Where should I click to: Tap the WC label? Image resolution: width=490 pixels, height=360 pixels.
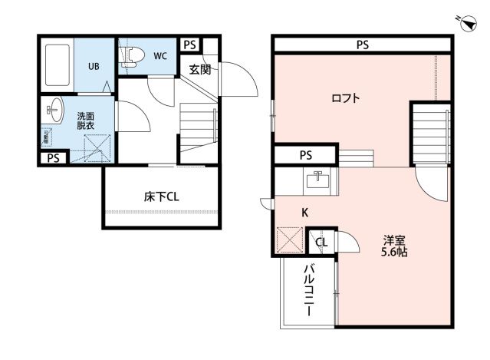pos(160,55)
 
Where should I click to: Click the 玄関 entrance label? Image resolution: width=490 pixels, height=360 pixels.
pos(200,69)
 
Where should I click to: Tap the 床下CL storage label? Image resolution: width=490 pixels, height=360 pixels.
pos(161,197)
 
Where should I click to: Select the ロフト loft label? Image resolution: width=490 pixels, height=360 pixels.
pos(346,98)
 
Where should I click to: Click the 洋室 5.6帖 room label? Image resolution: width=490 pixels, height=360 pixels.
pos(395,245)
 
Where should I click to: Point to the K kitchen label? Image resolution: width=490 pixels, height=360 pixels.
pos(304,212)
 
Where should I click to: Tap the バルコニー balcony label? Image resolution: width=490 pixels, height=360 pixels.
pos(309,291)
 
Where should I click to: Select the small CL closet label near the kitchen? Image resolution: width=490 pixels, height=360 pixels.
pos(321,243)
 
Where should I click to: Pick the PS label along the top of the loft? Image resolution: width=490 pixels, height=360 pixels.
pos(362,45)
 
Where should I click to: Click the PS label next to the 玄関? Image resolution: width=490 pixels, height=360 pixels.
pos(189,45)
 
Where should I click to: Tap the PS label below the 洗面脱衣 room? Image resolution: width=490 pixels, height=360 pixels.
pos(53,159)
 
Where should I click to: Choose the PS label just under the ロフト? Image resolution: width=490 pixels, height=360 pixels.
pos(306,156)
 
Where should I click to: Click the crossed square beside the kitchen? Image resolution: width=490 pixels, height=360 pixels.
pos(290,241)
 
